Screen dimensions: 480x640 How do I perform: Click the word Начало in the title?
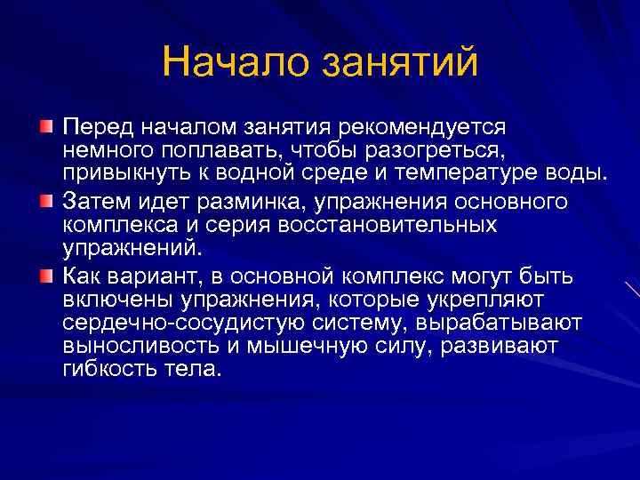tap(234, 62)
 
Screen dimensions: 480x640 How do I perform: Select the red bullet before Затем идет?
tap(46, 201)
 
